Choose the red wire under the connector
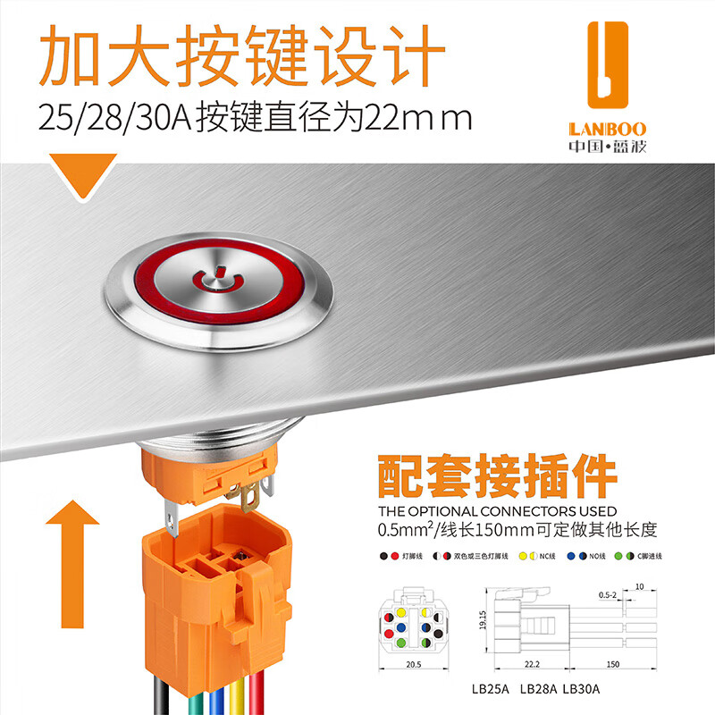(x=259, y=697)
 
